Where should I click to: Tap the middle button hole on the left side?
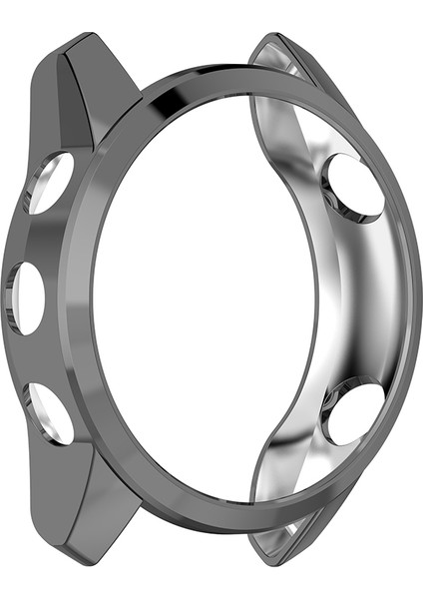pos(28,299)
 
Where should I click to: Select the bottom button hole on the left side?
pos(50,412)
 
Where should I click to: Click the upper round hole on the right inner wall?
pos(353,187)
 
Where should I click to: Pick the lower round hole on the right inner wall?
pos(353,412)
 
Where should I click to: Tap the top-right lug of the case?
pos(289,70)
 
